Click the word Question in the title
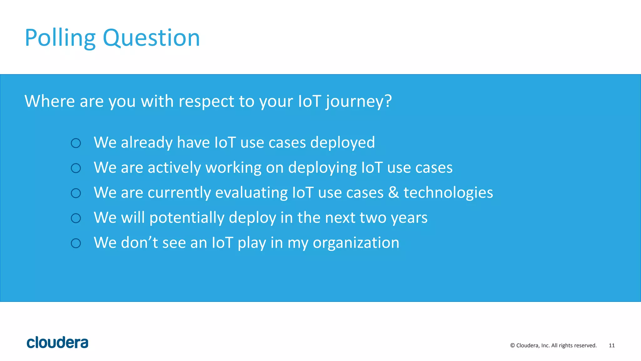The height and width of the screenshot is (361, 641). point(151,38)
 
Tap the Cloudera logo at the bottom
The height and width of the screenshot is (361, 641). point(58,343)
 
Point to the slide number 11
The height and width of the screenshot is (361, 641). point(612,345)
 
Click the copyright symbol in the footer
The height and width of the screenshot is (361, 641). point(512,345)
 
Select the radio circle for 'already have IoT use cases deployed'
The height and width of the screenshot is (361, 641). point(76,143)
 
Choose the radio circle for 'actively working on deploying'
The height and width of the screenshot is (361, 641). point(76,168)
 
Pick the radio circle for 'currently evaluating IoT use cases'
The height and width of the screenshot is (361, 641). point(76,193)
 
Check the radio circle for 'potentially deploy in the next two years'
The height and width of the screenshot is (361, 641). point(76,218)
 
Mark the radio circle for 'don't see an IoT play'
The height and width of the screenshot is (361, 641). point(76,243)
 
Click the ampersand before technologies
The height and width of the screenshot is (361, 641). point(393,192)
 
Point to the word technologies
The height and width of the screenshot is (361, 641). point(448,193)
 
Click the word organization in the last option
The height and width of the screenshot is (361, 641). point(356,243)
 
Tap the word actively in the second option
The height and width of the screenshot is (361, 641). point(174,168)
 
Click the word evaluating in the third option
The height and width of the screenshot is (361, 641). point(251,193)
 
